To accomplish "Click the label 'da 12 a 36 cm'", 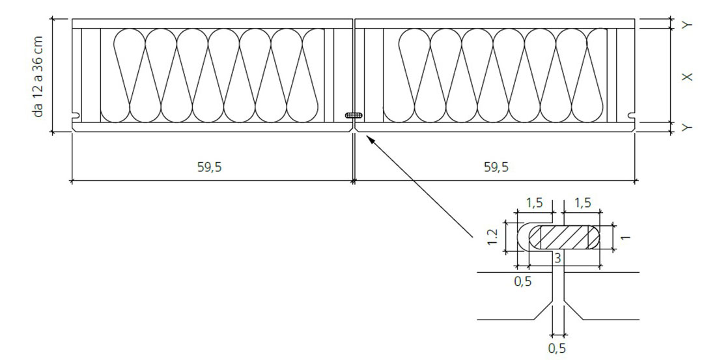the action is [38, 77].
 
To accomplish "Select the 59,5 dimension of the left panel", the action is [209, 167].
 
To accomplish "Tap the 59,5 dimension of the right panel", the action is [496, 167].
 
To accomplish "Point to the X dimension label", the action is [687, 77].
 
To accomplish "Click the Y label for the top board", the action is [687, 25].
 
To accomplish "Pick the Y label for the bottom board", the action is [687, 128].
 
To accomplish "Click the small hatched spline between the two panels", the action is [354, 115].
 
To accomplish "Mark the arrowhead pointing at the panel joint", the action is [370, 139].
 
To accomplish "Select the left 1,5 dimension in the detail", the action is [534, 203].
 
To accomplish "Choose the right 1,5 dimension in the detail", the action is [582, 203].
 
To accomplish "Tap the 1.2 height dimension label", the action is [493, 236].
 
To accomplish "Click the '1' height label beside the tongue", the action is [626, 236].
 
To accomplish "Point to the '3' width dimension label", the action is [557, 258].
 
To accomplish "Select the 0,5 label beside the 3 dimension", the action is [522, 281].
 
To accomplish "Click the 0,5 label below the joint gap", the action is [557, 348].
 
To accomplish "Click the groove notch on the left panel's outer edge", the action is [76, 116].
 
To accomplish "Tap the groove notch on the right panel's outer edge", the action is [631, 116].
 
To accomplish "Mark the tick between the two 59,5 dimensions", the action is [354, 181].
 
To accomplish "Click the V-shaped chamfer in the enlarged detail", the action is [558, 310].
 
